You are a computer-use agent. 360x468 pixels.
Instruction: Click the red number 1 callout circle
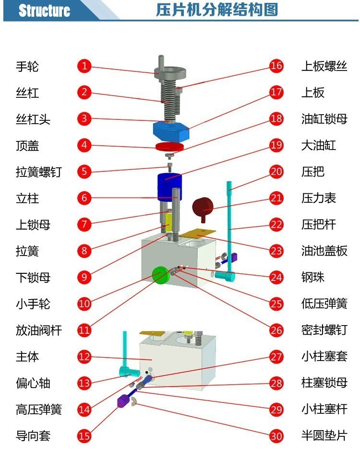tap(84, 66)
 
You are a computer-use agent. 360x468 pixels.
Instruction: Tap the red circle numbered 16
tap(276, 66)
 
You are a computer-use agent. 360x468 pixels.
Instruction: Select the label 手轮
tap(27, 66)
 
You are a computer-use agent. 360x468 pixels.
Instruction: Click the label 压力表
tap(319, 198)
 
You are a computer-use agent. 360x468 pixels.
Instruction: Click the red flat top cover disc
tap(170, 146)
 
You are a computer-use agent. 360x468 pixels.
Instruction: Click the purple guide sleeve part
tap(124, 400)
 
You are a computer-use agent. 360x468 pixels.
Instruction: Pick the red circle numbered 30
tap(276, 435)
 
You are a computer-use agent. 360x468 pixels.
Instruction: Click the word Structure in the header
tap(44, 11)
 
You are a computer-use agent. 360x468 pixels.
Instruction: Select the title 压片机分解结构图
tap(217, 10)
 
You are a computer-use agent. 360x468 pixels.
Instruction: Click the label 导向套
tap(33, 435)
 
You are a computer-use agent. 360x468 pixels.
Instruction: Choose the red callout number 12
tap(84, 356)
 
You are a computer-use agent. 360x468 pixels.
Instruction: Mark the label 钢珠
tap(313, 277)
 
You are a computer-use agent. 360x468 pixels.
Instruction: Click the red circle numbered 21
tap(276, 198)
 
